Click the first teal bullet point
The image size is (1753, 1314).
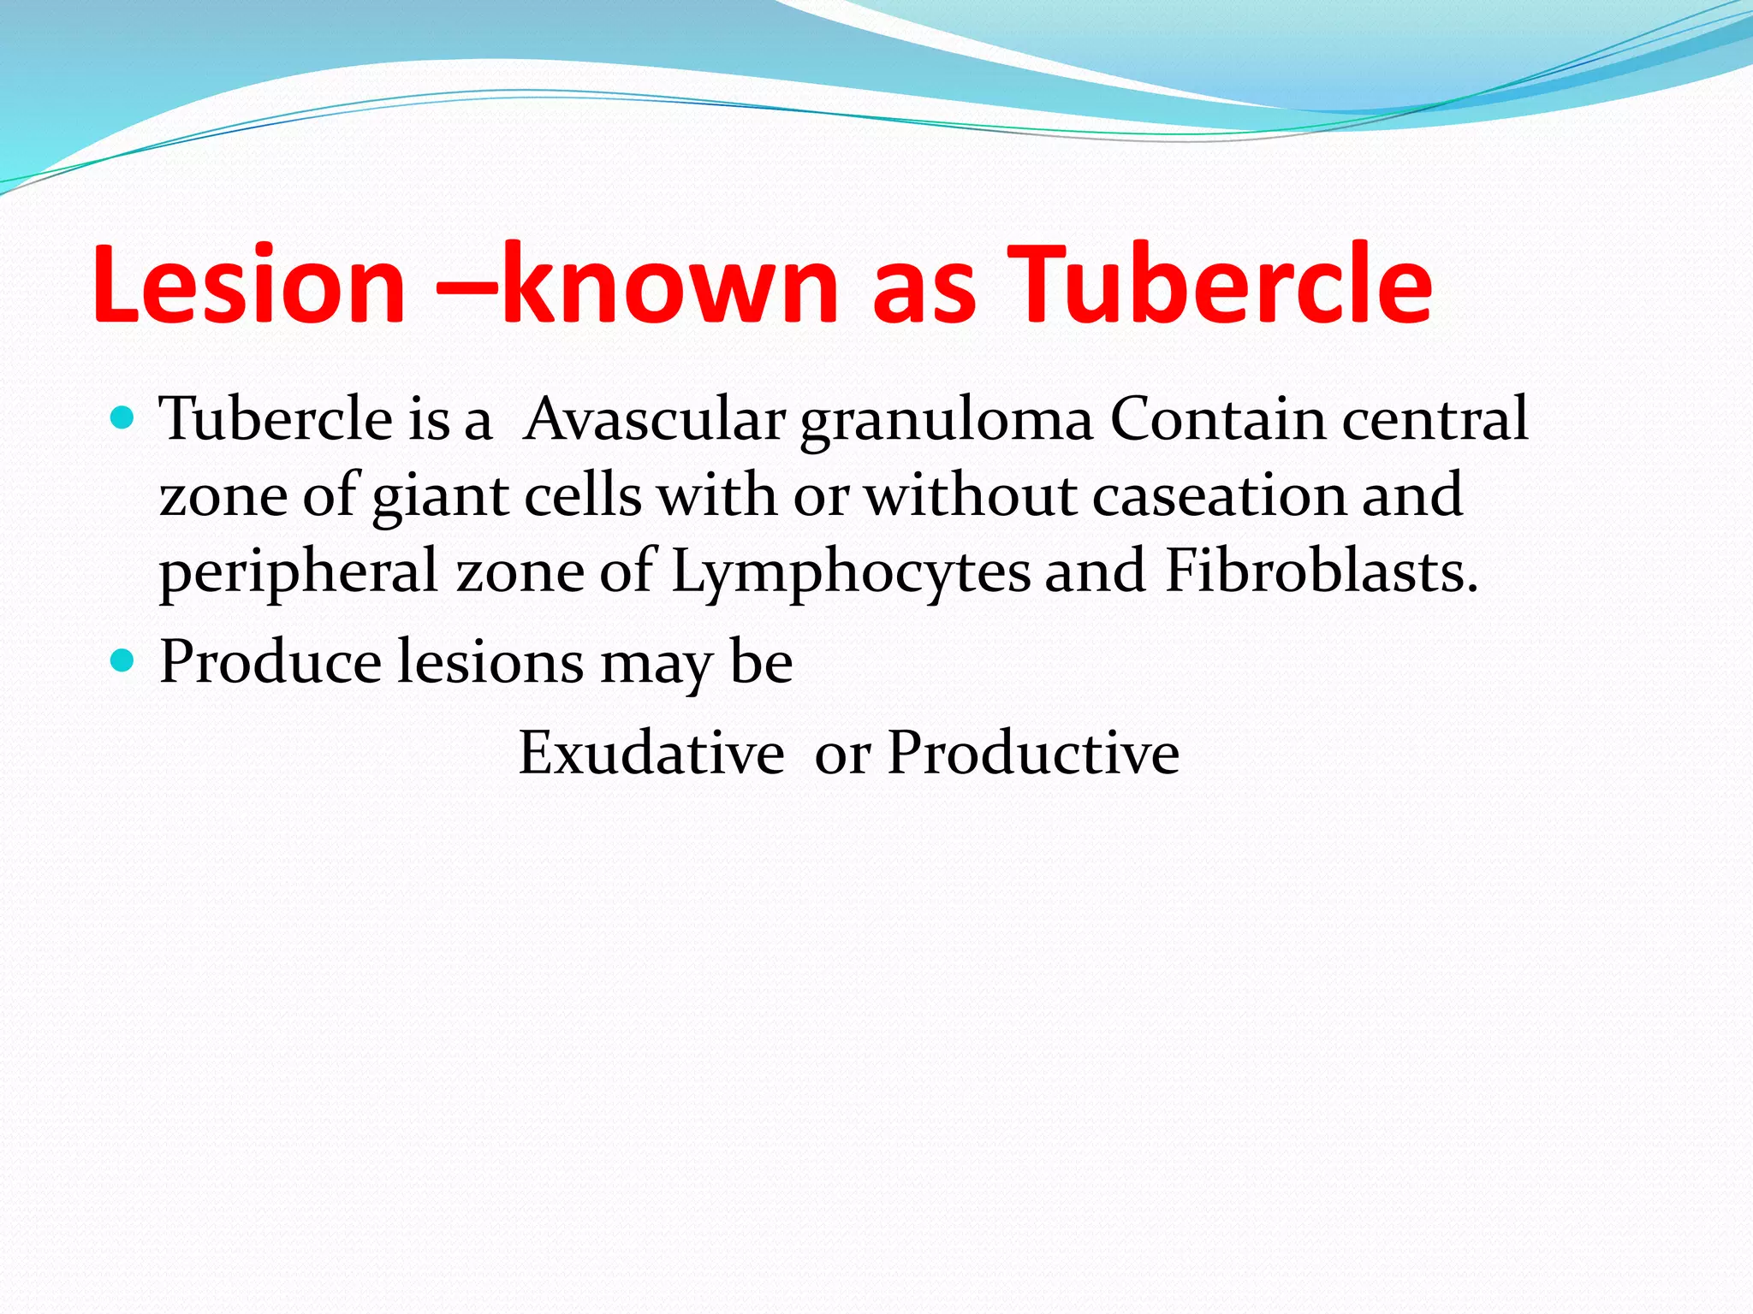coord(124,418)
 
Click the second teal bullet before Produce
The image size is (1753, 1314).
coord(124,661)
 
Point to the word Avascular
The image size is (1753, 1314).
coord(655,419)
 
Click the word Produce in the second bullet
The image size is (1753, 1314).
coord(270,662)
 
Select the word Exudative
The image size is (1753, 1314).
coord(651,754)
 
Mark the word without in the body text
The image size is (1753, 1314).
coord(971,496)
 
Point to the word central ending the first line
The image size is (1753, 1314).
coord(1435,419)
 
